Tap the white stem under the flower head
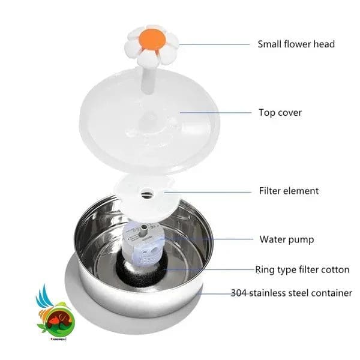[x=148, y=79]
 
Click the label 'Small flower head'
[x=296, y=44]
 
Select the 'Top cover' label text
[x=280, y=113]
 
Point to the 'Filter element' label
[x=289, y=191]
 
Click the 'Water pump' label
[x=287, y=239]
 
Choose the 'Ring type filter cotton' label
[x=302, y=269]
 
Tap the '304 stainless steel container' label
[x=292, y=293]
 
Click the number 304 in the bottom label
[x=239, y=293]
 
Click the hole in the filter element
[x=147, y=193]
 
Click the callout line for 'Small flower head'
[x=214, y=44]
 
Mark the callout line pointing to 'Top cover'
[x=216, y=113]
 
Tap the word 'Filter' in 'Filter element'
[x=269, y=191]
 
